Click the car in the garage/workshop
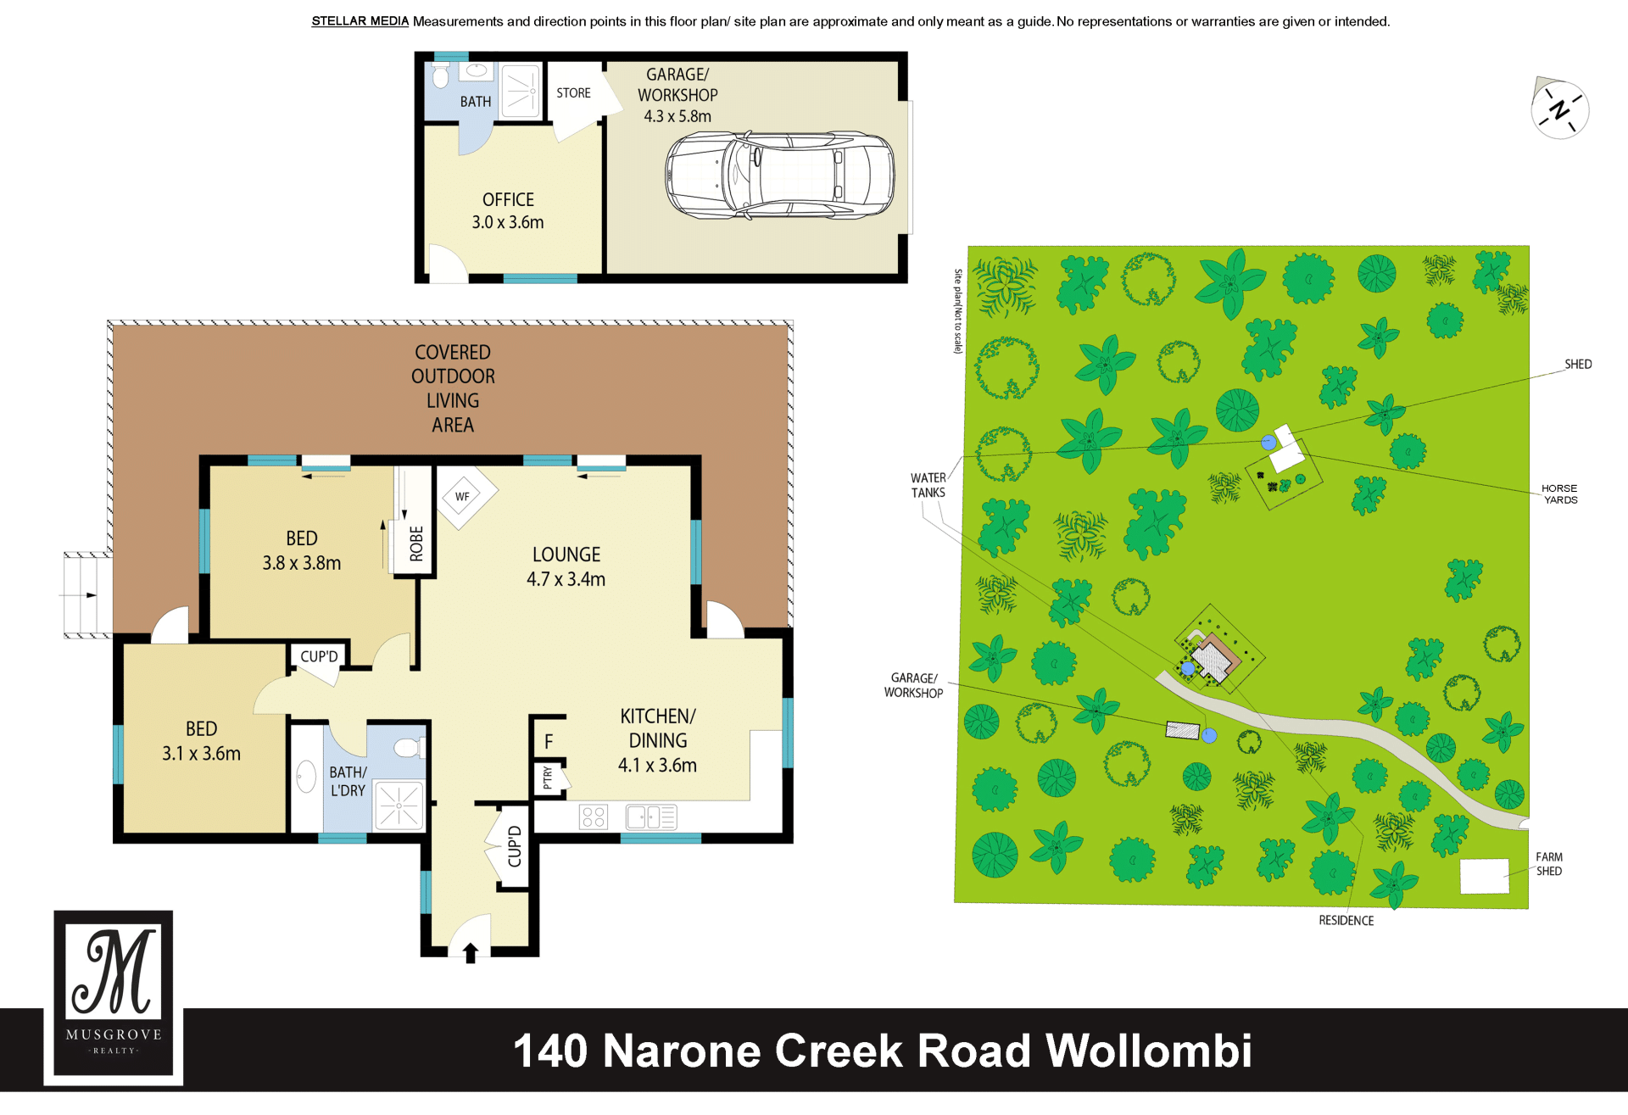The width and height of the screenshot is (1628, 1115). coord(779,176)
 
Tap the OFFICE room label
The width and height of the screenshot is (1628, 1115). coord(508,200)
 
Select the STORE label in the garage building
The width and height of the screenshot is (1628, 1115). coord(573,93)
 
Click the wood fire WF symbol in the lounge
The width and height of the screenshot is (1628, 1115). coord(462,497)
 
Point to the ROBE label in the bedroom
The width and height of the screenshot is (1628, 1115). coord(416,544)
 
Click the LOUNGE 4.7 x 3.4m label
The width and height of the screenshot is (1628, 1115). coord(566,566)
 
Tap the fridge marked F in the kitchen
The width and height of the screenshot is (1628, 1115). coord(549,742)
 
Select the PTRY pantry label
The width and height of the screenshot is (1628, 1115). coord(548,777)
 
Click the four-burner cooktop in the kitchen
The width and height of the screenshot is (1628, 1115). coord(594,817)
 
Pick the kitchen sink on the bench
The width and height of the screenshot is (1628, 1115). coord(651,817)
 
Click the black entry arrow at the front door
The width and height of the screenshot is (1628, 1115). coord(471,953)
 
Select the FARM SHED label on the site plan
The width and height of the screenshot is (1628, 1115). coord(1549,864)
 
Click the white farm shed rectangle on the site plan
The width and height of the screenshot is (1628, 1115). coord(1485,876)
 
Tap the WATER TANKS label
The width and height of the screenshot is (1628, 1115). coord(928,485)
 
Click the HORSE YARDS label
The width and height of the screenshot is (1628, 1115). coord(1559,494)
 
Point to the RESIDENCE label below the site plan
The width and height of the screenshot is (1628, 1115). coord(1346,921)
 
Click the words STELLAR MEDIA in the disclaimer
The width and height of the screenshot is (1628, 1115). coord(360,21)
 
